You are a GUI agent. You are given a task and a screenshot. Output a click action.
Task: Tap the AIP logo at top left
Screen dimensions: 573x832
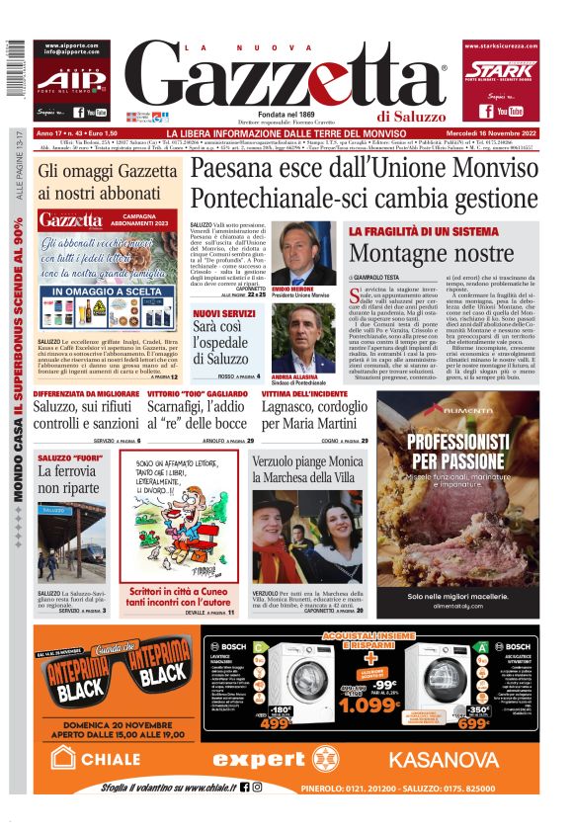72,80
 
